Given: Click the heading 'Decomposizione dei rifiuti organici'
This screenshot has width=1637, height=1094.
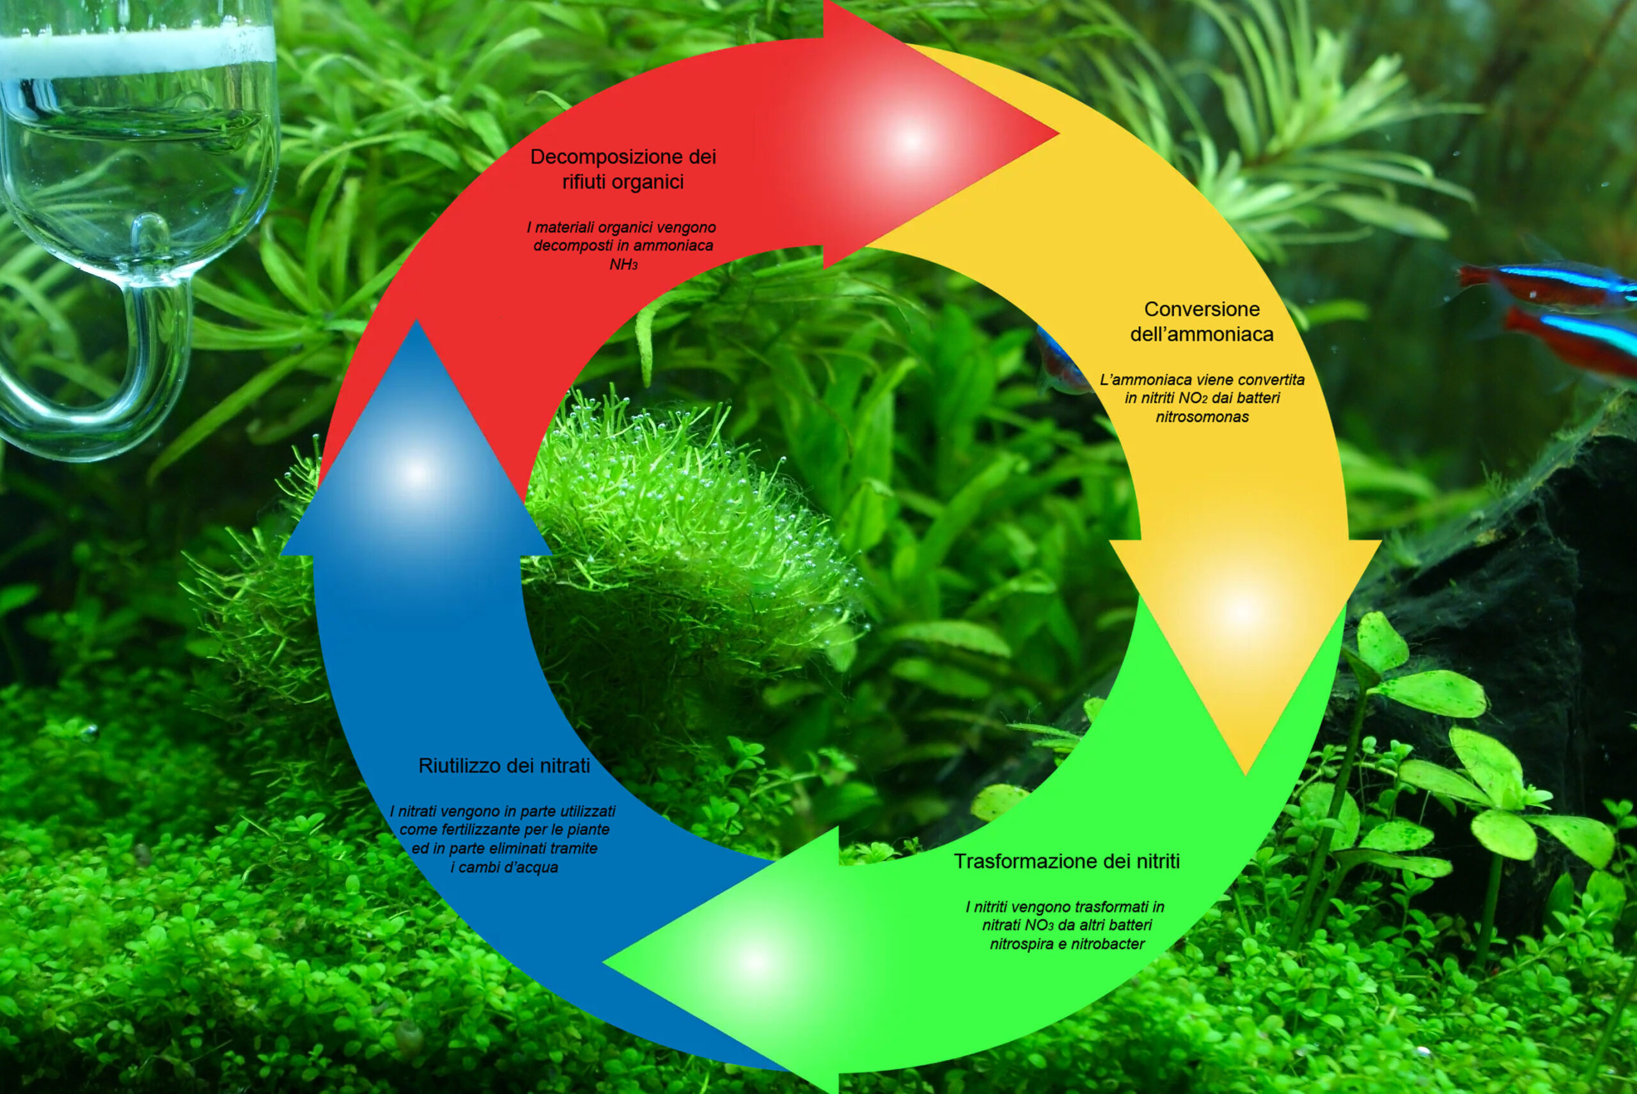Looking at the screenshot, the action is pyautogui.click(x=623, y=169).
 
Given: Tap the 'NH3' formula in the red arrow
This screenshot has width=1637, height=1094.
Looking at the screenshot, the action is pyautogui.click(x=623, y=265).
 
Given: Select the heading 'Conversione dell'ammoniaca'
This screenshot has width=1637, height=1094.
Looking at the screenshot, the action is pyautogui.click(x=1202, y=321).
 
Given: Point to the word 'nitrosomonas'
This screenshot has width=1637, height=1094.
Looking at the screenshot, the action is pyautogui.click(x=1202, y=416).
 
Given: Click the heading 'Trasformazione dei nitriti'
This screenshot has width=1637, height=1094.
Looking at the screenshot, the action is pyautogui.click(x=1067, y=861).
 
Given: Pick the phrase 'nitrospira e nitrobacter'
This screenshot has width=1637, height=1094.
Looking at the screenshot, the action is pyautogui.click(x=1067, y=943).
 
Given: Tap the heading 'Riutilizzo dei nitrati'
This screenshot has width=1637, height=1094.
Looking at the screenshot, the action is pyautogui.click(x=504, y=765).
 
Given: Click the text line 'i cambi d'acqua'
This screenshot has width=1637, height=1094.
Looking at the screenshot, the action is pyautogui.click(x=504, y=867).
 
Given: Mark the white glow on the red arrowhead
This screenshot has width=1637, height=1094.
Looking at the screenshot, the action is pyautogui.click(x=909, y=139).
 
